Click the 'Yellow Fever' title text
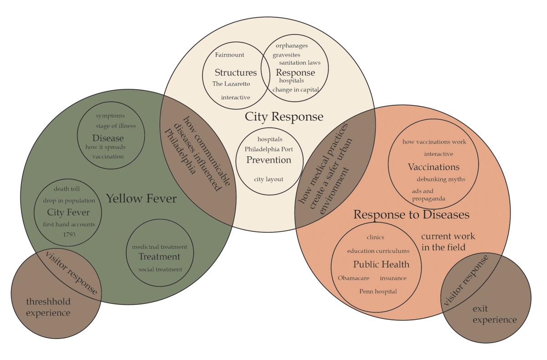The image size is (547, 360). [x=141, y=199]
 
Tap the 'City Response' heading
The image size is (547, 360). [x=284, y=117]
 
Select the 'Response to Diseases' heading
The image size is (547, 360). [x=412, y=214]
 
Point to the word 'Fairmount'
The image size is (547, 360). [x=230, y=55]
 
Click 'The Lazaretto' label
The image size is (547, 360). [x=231, y=84]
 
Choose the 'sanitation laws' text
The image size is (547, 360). [x=299, y=63]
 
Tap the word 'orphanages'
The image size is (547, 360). [x=292, y=46]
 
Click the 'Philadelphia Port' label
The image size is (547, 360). [x=269, y=149]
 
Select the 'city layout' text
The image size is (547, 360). [x=268, y=179]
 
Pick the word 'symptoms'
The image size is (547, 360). [x=110, y=116]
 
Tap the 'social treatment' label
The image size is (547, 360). [x=160, y=269]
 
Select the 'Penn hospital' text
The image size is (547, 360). [x=378, y=291]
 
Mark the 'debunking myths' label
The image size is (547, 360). [x=441, y=179]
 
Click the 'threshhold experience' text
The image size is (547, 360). [x=48, y=307]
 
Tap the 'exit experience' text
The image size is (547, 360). [x=495, y=314]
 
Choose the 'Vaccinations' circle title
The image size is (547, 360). [x=433, y=167]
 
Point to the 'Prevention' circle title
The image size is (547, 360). [x=268, y=160]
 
